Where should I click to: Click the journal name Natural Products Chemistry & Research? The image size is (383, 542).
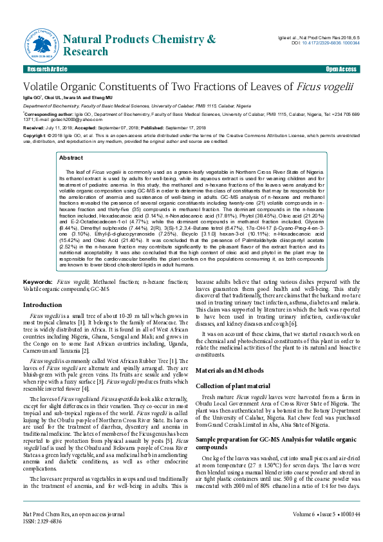click(140, 46)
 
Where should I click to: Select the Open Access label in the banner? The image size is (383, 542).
click(341, 69)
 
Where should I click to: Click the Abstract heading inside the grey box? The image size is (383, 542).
click(71, 157)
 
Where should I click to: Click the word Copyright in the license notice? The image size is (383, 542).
click(35, 136)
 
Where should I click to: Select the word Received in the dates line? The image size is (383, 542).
click(33, 128)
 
